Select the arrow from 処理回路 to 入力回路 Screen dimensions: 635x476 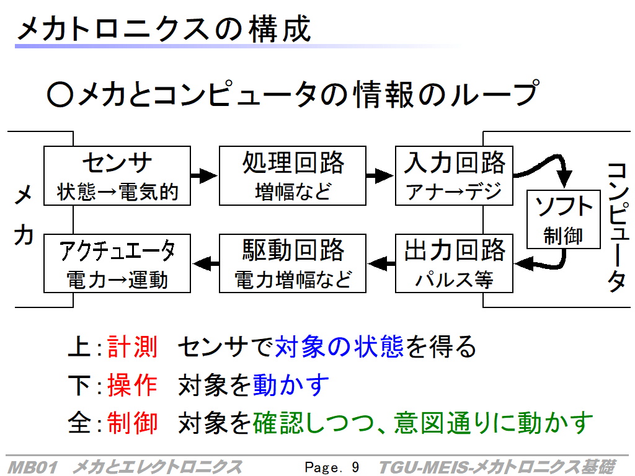(380, 175)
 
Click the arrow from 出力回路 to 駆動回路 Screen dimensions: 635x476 (381, 264)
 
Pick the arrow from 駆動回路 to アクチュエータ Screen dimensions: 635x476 (205, 264)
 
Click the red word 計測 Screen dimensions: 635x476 (132, 347)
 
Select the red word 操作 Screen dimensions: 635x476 (132, 385)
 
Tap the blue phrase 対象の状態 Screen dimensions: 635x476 (339, 347)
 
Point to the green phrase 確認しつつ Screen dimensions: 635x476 (313, 423)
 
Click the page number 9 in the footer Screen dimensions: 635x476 (355, 467)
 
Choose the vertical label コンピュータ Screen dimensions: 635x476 (618, 227)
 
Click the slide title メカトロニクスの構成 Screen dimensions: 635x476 (164, 29)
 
